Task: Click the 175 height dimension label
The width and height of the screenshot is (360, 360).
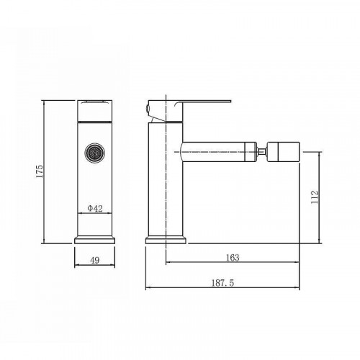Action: point(40,171)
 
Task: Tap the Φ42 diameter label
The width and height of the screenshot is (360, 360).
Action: point(95,208)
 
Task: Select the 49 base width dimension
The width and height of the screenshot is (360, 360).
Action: point(95,260)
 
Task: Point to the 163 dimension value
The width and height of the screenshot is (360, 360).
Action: point(233,258)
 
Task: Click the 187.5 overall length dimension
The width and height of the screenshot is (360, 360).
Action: point(222,283)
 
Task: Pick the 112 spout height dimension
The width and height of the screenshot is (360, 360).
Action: point(315,197)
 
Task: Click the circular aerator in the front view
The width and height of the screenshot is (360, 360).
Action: point(95,153)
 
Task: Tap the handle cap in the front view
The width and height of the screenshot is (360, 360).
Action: point(95,111)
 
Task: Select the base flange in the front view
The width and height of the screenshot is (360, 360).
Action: point(95,240)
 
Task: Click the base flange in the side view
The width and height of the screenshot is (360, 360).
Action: point(166,240)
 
